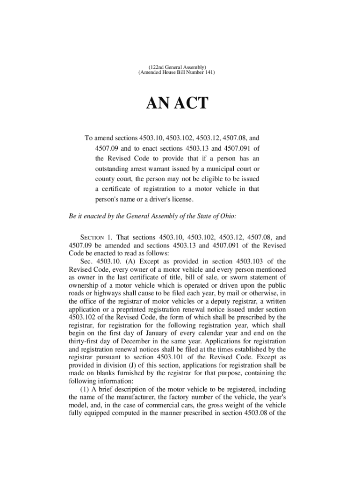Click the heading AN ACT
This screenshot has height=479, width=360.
point(177,103)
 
